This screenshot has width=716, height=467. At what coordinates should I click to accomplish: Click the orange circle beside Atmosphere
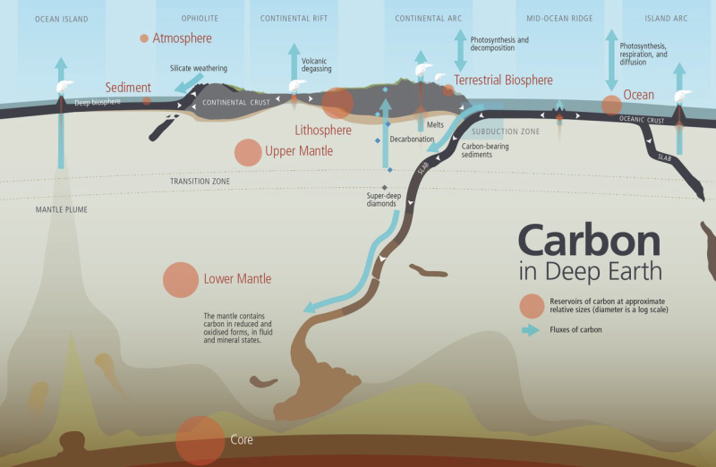(x=144, y=38)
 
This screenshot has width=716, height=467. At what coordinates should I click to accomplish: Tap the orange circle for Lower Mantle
(x=181, y=280)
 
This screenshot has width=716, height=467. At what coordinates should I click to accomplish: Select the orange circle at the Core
(x=200, y=440)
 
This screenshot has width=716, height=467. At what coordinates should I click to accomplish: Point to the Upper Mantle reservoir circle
(x=248, y=152)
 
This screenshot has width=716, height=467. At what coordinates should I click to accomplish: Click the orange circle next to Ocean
(x=611, y=105)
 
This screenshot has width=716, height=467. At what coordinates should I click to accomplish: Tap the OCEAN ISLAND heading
(x=62, y=19)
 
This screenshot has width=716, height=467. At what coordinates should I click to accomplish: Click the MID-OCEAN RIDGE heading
(x=559, y=19)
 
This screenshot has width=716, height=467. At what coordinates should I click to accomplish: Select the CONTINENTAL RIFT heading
(x=294, y=19)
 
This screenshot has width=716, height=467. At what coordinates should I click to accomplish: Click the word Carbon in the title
(x=590, y=240)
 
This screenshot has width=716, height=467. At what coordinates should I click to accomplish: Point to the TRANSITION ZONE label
(x=200, y=182)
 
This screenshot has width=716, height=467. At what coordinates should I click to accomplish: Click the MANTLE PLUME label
(x=62, y=209)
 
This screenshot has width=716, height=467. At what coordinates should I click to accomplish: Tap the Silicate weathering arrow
(x=188, y=83)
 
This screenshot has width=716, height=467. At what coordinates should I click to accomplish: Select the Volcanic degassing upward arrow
(x=294, y=63)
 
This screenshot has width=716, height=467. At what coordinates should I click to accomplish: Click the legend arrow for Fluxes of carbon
(x=531, y=330)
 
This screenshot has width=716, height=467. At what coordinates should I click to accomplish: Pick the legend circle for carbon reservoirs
(x=532, y=306)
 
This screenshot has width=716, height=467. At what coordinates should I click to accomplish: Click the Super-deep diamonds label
(x=384, y=200)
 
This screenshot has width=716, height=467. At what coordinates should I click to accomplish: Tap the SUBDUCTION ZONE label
(x=506, y=132)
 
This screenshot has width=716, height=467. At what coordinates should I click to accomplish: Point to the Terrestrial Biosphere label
(x=503, y=81)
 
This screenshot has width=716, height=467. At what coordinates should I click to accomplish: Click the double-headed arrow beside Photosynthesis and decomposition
(x=460, y=50)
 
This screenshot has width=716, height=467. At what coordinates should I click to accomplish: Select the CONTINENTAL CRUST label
(x=236, y=103)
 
